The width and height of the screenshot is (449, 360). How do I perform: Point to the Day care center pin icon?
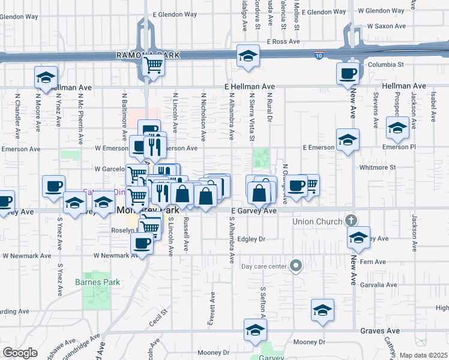pos(295,266)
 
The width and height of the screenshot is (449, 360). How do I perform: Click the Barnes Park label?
pos(98,282)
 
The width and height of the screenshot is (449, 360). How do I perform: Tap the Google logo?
pos(20,353)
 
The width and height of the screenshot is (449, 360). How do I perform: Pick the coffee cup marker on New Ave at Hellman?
pos(348,74)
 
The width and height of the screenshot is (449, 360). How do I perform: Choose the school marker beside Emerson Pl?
pos(397,128)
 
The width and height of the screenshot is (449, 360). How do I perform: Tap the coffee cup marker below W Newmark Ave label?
pos(142,243)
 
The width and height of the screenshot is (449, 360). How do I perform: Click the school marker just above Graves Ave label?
pos(322,310)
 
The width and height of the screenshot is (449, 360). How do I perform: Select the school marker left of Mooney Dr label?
pos(255,330)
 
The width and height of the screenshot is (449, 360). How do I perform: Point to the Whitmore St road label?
pos(377,168)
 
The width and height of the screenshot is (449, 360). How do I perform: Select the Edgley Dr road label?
pos(252,239)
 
